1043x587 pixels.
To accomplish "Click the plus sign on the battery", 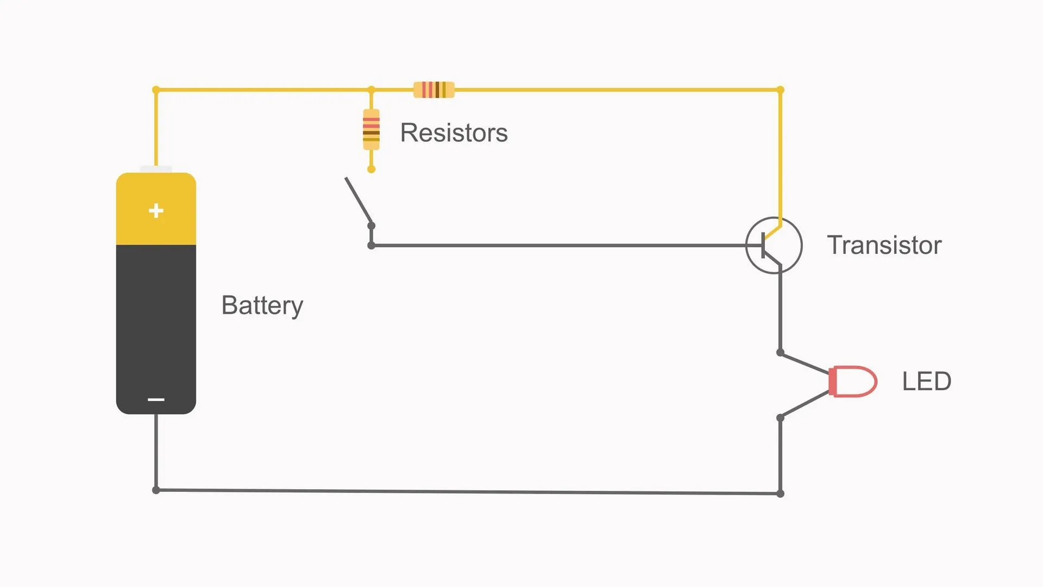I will coord(156,210).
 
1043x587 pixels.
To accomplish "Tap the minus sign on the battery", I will coord(156,399).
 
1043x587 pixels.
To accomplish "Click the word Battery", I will coord(262,305).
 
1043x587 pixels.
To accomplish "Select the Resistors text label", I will coord(454,133).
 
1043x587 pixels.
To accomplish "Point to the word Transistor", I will coord(884,245).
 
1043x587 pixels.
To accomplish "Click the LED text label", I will coord(926,381).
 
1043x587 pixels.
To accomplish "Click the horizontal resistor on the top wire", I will coord(433,90).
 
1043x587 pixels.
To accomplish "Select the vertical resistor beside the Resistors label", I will coord(371,129).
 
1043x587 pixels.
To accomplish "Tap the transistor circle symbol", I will coord(774,245).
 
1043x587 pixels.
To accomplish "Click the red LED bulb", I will coord(852,381).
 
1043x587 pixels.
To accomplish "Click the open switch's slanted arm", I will coord(359,201).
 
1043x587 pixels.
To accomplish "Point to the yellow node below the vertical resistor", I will coord(371,170).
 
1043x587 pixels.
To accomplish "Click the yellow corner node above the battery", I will coord(156,90).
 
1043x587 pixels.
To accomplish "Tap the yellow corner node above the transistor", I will coord(780,90).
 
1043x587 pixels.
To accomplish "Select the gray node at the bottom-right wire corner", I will coord(780,494).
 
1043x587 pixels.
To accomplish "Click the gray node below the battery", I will coord(156,490).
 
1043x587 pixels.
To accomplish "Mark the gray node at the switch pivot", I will coord(371,226).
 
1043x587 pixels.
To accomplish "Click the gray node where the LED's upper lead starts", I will coord(780,353).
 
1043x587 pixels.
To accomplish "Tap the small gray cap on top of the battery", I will coord(156,169).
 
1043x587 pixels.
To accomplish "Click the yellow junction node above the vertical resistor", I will coord(371,90).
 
